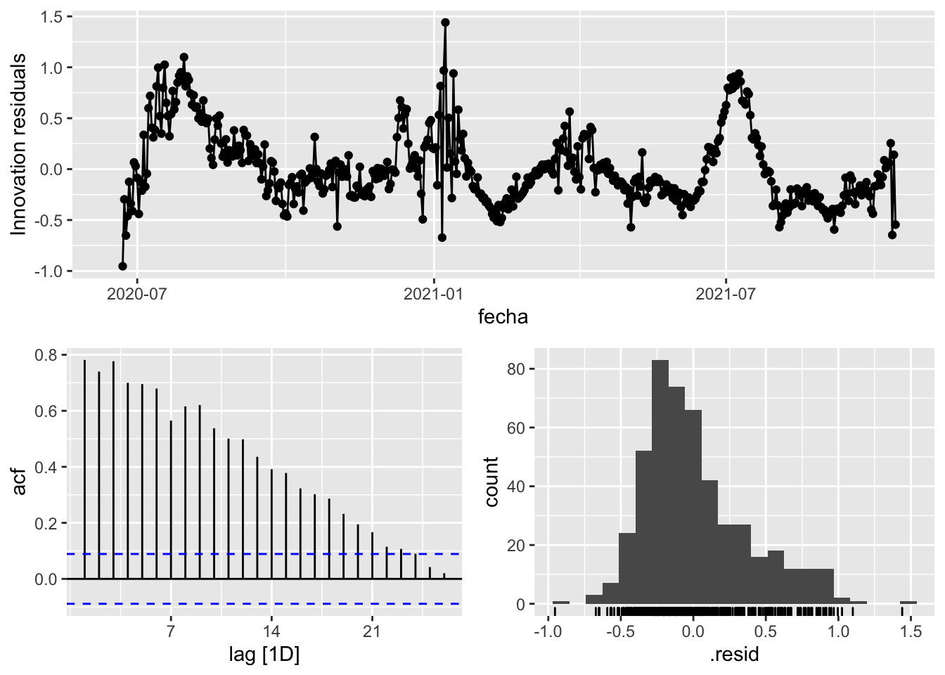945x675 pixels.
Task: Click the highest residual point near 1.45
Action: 445,22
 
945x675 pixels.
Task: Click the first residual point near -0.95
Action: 122,266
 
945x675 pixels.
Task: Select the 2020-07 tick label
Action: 137,293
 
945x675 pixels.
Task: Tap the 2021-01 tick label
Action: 434,293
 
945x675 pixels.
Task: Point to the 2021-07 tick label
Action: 726,293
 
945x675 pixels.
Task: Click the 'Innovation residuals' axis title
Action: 19,144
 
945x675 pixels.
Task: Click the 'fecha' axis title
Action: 503,317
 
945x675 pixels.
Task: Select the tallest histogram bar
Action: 660,482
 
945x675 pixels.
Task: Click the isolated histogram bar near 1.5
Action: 908,603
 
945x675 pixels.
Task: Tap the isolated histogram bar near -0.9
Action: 560,603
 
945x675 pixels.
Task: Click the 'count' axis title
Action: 491,482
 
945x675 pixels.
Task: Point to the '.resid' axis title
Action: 734,655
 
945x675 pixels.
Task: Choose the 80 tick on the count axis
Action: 517,369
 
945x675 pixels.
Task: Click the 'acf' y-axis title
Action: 19,482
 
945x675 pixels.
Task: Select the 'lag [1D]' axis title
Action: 264,655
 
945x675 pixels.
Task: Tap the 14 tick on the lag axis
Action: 271,631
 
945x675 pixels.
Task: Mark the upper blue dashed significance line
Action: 281,554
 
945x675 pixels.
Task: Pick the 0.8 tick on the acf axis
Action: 46,355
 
